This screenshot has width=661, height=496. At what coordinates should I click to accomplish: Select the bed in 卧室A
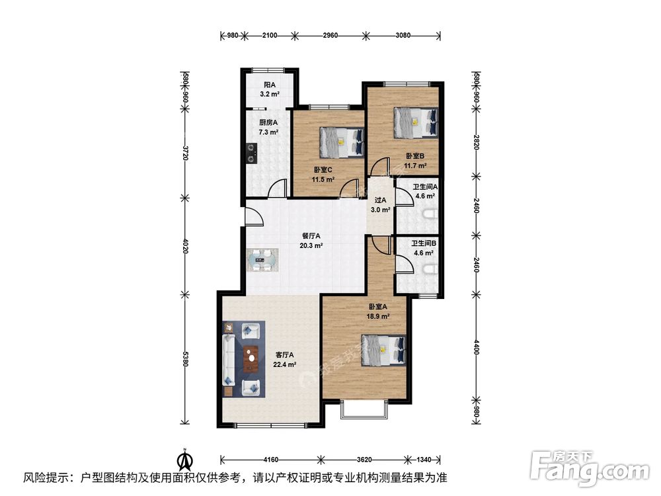[x=383, y=350]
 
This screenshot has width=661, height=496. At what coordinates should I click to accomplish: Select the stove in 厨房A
[x=251, y=154]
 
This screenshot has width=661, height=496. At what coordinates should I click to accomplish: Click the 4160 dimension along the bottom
[x=270, y=459]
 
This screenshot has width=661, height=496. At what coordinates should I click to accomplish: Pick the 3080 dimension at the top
[x=403, y=35]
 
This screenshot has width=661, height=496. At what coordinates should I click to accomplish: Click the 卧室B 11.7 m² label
[x=416, y=161]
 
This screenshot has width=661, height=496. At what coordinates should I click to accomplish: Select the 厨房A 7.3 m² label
[x=268, y=127]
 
